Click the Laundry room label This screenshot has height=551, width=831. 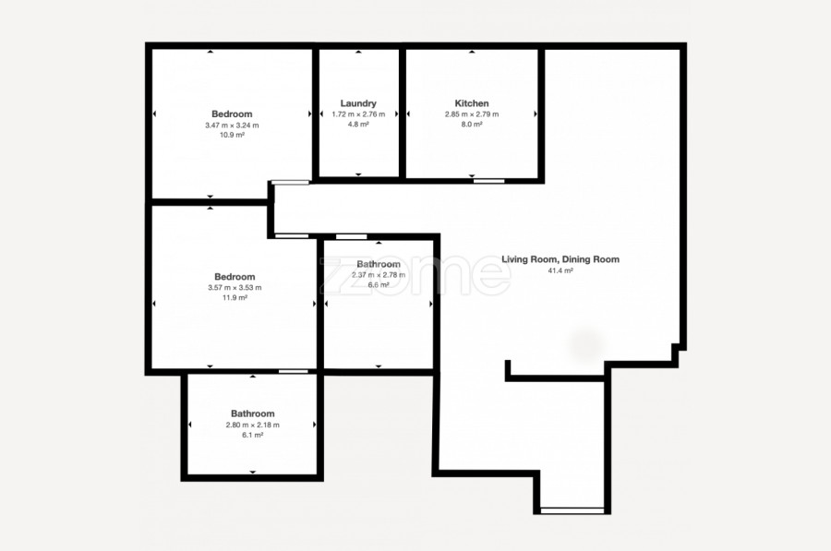pos(358,103)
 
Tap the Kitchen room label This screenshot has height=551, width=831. pos(472,103)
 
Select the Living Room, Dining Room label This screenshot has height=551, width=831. pos(560,259)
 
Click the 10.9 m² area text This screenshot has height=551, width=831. pos(232,135)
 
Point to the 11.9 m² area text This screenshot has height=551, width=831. pos(235,298)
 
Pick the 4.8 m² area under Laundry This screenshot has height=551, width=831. pos(358,125)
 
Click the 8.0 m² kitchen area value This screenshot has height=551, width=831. pos(472,125)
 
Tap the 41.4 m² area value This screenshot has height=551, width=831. pos(560,270)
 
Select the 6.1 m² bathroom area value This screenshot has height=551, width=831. pos(253,435)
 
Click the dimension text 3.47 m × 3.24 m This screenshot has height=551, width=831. pos(232,126)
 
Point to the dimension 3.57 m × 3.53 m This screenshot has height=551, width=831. pos(235,288)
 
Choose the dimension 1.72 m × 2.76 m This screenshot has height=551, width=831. pos(358,114)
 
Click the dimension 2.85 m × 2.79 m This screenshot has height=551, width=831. pos(472,114)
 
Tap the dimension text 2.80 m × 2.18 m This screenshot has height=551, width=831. pos(253,425)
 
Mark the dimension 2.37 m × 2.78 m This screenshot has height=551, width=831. pos(379,275)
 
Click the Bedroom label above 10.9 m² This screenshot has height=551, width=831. pos(232,114)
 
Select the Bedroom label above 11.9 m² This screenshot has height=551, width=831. pos(235,277)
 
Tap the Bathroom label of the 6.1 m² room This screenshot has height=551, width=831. pos(253,413)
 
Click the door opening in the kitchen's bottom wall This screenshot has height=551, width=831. pos(489,181)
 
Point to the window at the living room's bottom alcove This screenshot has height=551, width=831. pos(572,510)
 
